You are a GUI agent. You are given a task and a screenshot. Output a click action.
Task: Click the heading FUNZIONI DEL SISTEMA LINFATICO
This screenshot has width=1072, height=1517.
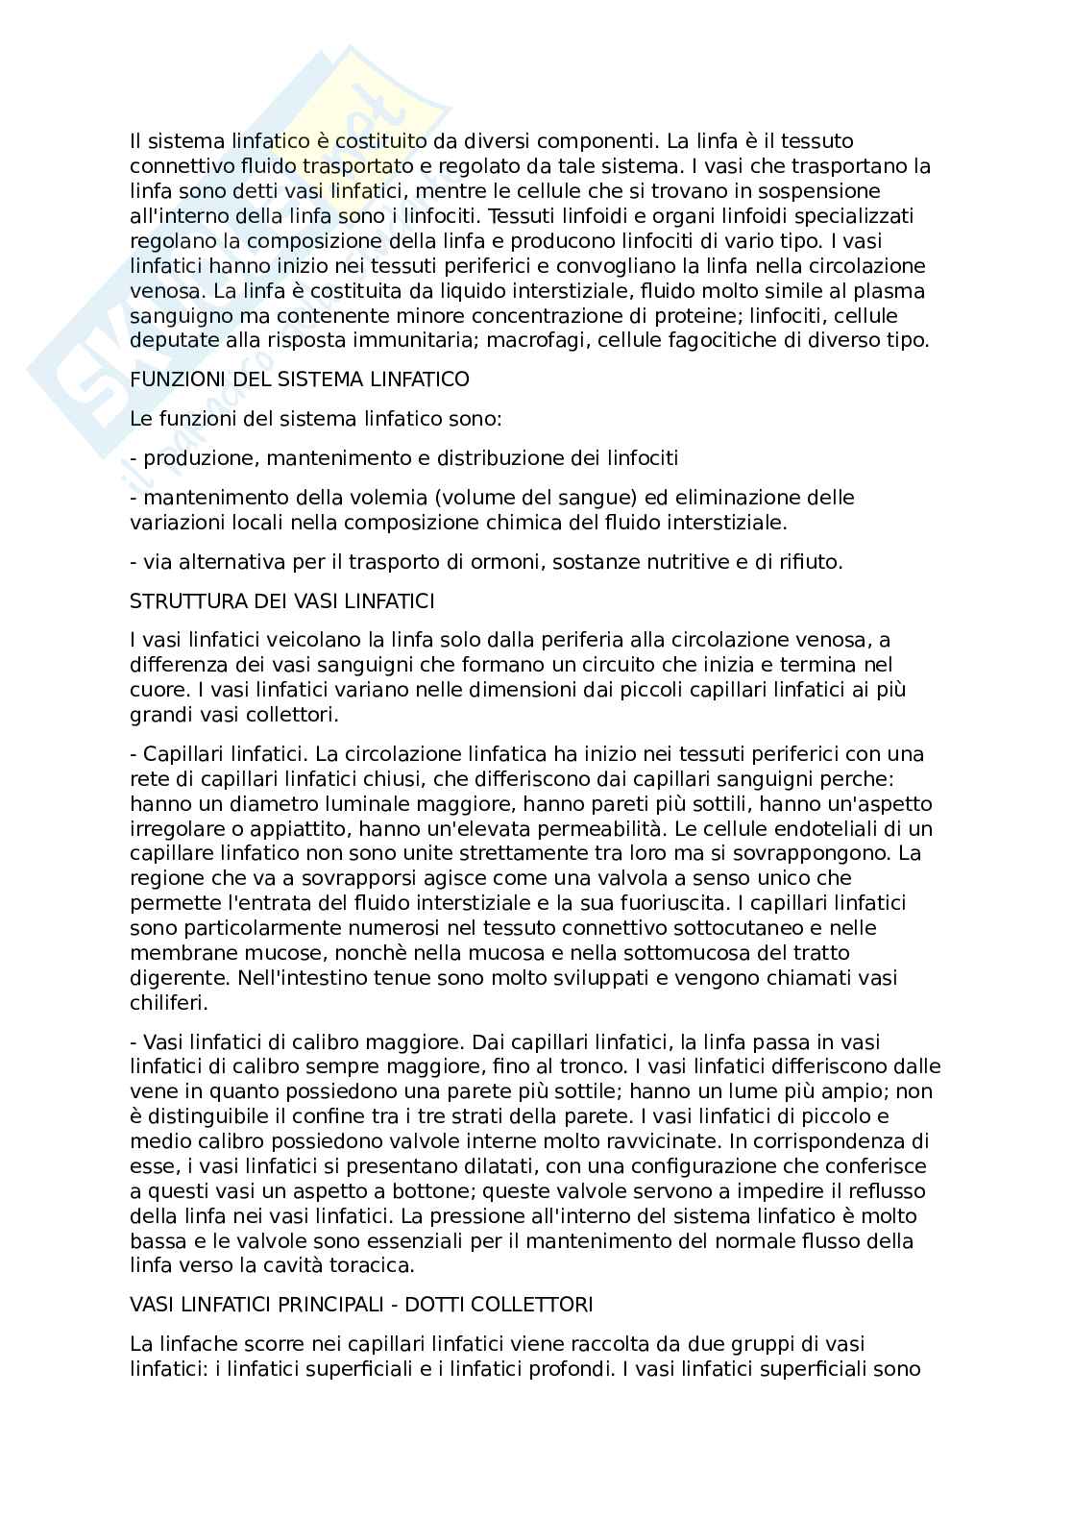pyautogui.click(x=300, y=379)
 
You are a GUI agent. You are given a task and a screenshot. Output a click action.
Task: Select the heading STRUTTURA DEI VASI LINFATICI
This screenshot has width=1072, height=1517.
pyautogui.click(x=282, y=601)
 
